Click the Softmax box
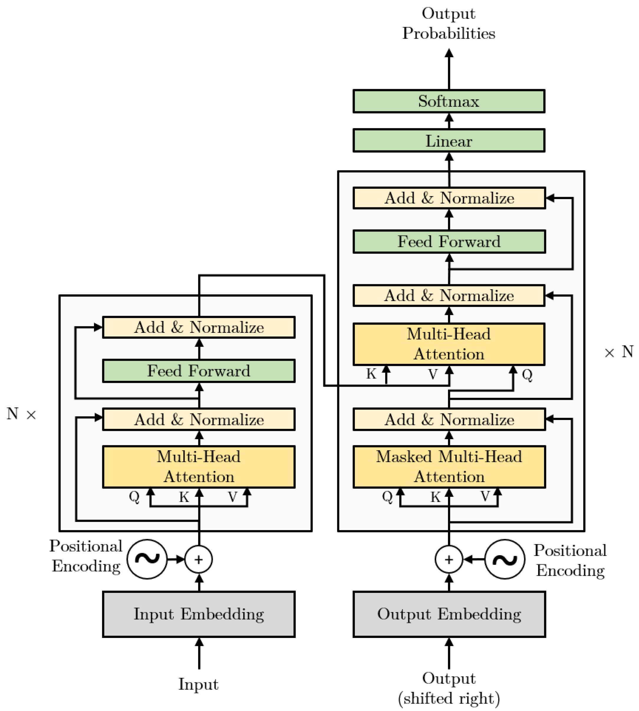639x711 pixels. tap(449, 101)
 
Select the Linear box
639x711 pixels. tap(449, 141)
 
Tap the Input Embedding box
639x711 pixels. tap(199, 614)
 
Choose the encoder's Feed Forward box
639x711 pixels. tap(199, 371)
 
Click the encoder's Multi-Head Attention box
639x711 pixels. tap(199, 467)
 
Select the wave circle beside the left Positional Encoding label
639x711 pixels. tap(147, 559)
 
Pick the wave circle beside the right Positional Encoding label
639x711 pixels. tap(505, 559)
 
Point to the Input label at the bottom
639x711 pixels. tap(199, 684)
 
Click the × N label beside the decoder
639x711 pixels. tap(619, 352)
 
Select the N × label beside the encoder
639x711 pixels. tap(21, 414)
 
